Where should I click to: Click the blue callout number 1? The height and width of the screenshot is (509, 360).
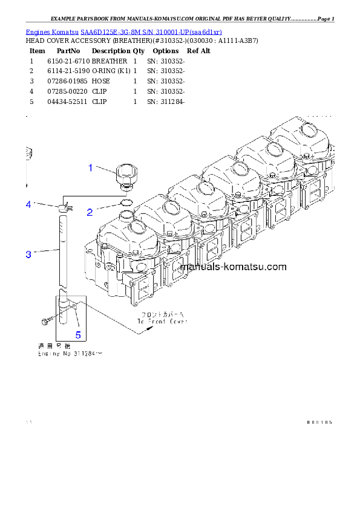pyautogui.click(x=91, y=167)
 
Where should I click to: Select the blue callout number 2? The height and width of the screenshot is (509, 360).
pyautogui.click(x=90, y=212)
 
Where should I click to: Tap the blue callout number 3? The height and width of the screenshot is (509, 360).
pyautogui.click(x=28, y=254)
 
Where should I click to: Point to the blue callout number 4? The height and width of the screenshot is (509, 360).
pyautogui.click(x=28, y=204)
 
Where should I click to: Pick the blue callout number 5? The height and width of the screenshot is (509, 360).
pyautogui.click(x=77, y=334)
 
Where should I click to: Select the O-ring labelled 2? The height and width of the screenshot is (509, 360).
pyautogui.click(x=126, y=202)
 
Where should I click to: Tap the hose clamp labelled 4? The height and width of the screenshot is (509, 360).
pyautogui.click(x=65, y=209)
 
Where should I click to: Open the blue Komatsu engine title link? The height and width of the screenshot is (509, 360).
pyautogui.click(x=124, y=31)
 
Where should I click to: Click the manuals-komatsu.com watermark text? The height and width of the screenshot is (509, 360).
pyautogui.click(x=233, y=267)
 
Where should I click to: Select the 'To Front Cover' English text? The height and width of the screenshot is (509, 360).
pyautogui.click(x=162, y=322)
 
